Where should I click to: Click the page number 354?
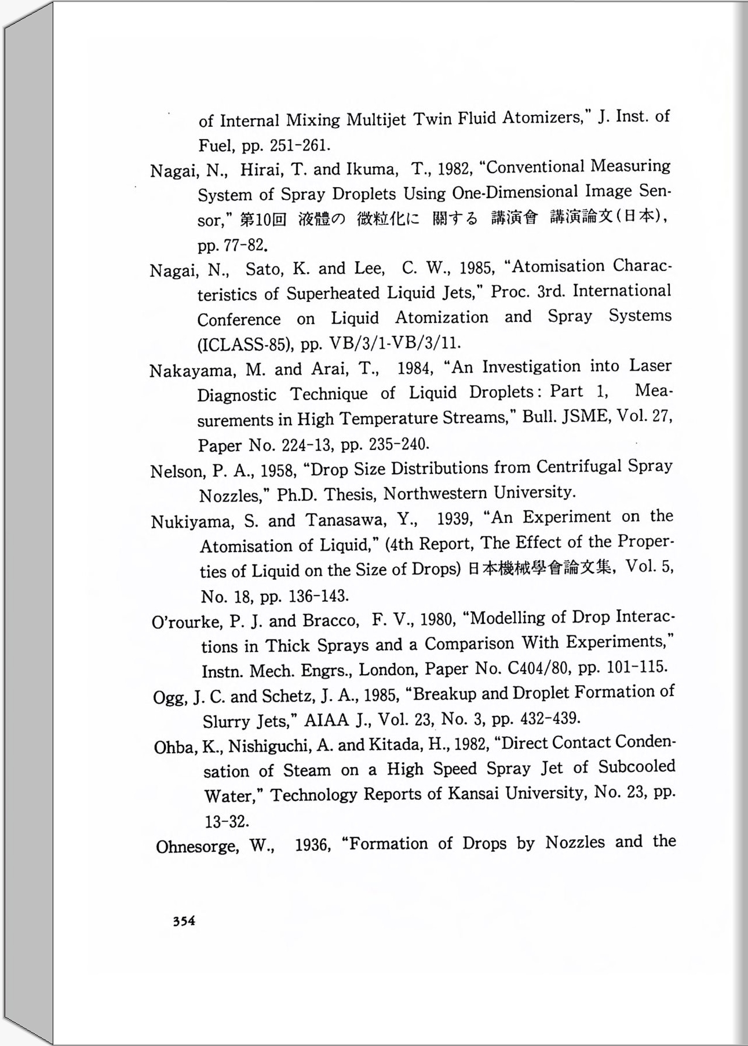(184, 921)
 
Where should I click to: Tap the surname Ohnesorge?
(197, 847)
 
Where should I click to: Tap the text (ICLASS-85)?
(243, 345)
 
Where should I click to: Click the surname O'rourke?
(187, 622)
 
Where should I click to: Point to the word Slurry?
(228, 721)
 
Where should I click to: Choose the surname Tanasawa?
(344, 520)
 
